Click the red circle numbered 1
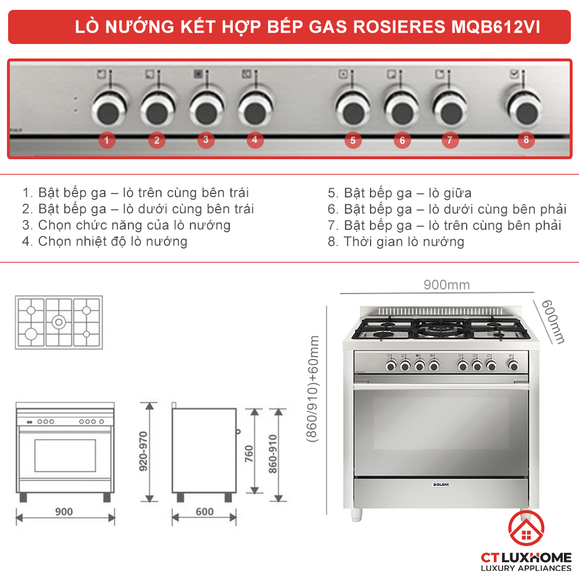pos(107,140)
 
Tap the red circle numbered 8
pos(526,140)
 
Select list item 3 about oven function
pos(127,225)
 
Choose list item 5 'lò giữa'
pos(400,193)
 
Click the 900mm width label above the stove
pos(446,285)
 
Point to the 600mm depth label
pos(552,321)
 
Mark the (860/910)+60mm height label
pos(313,389)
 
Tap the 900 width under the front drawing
pos(64,511)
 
